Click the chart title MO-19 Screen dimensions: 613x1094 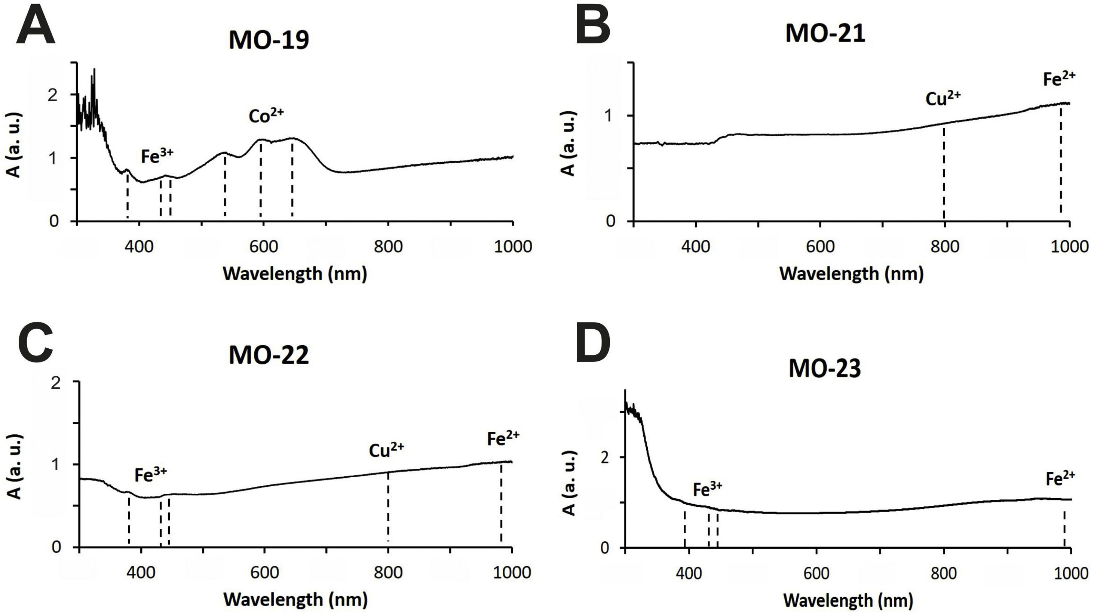[x=269, y=41]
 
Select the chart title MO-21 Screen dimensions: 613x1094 [x=825, y=34]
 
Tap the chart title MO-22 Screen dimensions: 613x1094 [x=269, y=355]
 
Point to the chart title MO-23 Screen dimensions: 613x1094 [x=825, y=369]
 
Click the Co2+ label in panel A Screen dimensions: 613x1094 [x=266, y=115]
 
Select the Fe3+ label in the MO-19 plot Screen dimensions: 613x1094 [x=157, y=156]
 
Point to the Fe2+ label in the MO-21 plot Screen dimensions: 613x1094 [x=1059, y=79]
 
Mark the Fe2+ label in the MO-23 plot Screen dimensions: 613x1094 [x=1060, y=478]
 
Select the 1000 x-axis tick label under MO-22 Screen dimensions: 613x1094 [x=512, y=572]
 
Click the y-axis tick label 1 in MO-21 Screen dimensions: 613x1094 [x=612, y=116]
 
